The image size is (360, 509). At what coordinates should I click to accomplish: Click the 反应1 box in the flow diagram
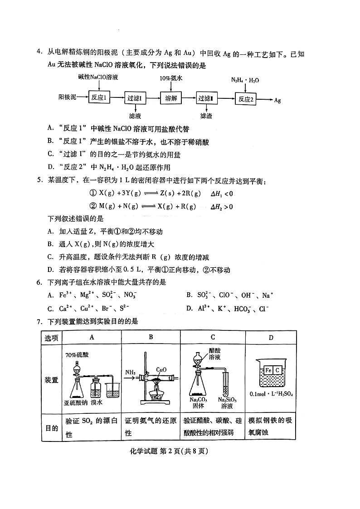point(98,98)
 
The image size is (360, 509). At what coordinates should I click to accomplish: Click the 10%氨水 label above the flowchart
point(171,78)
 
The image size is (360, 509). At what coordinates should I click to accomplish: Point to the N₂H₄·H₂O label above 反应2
point(245,80)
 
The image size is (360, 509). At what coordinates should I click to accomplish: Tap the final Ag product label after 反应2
point(277,100)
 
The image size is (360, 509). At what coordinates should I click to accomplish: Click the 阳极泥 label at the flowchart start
point(67,97)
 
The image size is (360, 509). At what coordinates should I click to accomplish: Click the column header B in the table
point(151,337)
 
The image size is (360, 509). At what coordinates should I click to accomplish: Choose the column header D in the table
point(271,337)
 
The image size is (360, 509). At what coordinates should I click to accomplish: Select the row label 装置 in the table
point(51,380)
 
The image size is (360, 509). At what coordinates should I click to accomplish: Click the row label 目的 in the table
point(51,428)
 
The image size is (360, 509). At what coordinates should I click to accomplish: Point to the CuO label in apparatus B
point(161,370)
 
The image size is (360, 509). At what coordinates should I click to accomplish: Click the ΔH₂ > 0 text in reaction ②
point(222,207)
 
